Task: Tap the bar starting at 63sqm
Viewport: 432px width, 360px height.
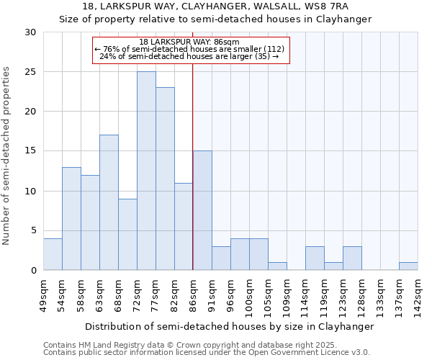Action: point(109,202)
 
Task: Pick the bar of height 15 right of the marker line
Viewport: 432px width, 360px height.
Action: point(202,210)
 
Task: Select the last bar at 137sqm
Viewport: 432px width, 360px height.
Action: point(408,266)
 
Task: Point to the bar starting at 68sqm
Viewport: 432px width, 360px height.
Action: point(127,234)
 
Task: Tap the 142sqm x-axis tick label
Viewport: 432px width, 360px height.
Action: point(418,295)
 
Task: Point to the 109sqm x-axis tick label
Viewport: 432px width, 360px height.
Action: point(287,295)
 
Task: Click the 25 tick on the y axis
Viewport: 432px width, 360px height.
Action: point(30,72)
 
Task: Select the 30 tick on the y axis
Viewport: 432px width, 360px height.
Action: point(30,32)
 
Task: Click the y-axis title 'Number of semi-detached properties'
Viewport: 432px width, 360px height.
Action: point(7,156)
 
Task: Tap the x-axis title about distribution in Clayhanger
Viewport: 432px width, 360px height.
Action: point(230,326)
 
